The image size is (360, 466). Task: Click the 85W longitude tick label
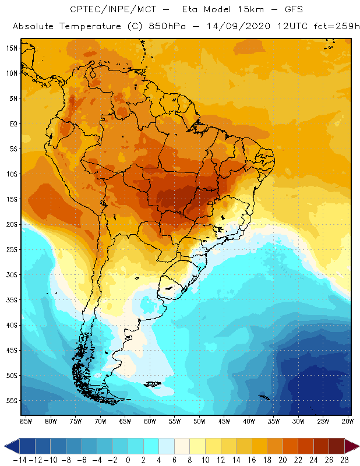pos(26,421)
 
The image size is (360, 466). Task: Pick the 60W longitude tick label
pos(150,421)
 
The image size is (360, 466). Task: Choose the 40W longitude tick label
pos(249,421)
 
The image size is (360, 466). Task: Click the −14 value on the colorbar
pos(20,460)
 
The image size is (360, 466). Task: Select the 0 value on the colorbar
pos(128,460)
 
